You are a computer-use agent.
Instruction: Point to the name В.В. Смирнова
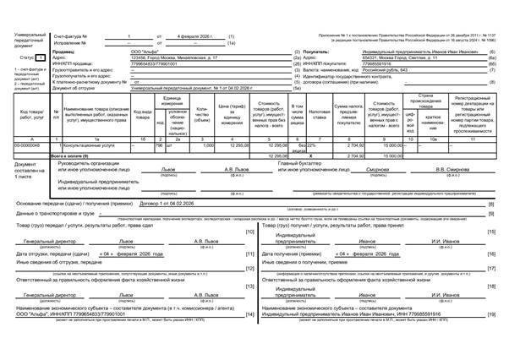coord(444,168)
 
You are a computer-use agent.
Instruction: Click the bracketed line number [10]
coord(249,232)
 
